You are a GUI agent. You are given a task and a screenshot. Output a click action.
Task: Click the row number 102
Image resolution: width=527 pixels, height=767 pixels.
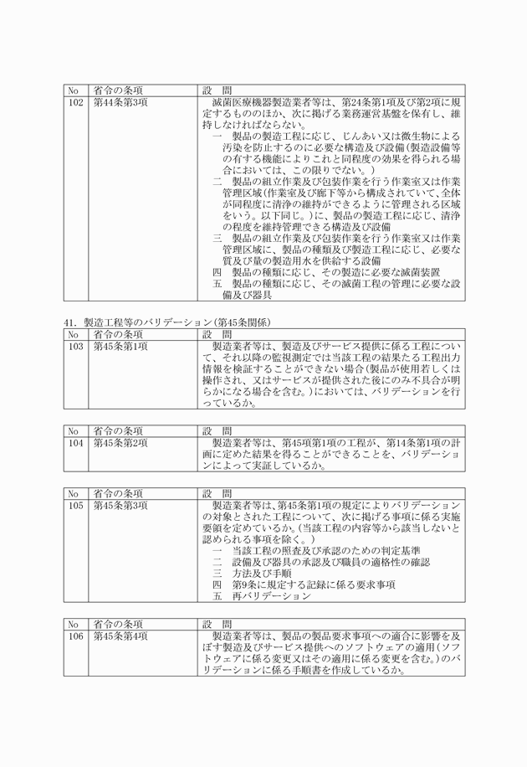click(x=75, y=102)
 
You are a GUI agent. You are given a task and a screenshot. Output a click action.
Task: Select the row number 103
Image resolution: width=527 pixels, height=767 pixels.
click(x=75, y=345)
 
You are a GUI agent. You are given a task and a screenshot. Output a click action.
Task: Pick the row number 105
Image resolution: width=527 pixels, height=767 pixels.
click(x=75, y=506)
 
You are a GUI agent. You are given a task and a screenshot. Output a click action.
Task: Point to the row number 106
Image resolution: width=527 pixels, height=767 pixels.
click(x=75, y=636)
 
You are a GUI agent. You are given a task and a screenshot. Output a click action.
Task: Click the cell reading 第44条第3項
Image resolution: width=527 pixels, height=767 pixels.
click(x=120, y=102)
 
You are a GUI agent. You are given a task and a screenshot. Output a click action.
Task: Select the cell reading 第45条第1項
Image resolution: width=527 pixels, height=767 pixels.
click(x=120, y=345)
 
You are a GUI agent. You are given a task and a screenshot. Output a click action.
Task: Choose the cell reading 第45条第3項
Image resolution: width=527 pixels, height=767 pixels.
click(x=120, y=506)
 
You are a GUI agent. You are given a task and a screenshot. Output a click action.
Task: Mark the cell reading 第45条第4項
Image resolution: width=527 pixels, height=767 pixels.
click(x=120, y=636)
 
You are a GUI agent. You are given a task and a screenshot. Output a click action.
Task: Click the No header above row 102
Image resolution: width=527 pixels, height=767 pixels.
click(x=74, y=90)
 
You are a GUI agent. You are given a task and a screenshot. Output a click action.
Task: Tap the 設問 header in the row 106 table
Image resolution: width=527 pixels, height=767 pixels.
click(x=217, y=624)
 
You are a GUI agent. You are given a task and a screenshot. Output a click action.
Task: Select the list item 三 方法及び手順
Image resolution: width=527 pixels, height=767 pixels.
click(x=251, y=574)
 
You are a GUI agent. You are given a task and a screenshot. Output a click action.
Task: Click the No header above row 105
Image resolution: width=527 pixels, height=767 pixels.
click(x=74, y=493)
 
